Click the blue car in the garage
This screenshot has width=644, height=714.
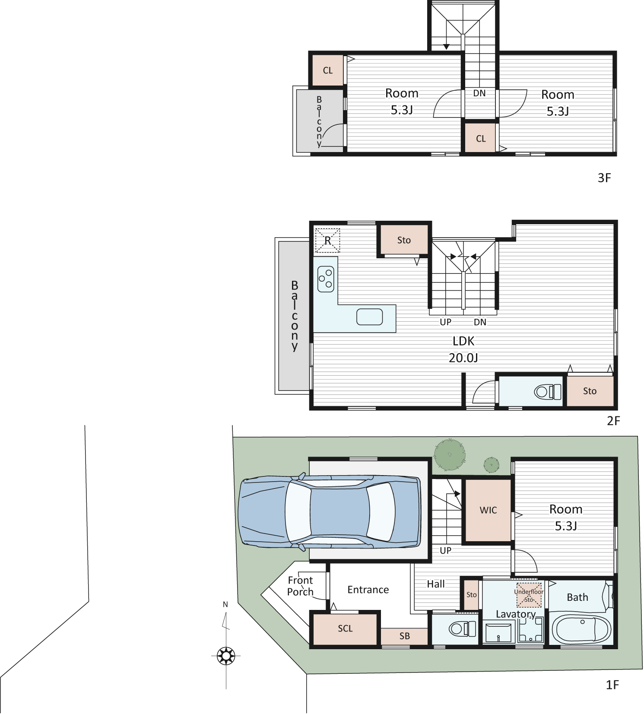(330, 512)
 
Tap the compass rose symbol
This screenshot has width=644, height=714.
(226, 656)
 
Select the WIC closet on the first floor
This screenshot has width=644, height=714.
(488, 510)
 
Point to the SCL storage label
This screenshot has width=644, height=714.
(345, 628)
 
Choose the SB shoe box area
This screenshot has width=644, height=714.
(404, 636)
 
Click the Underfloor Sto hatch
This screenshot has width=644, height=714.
(529, 596)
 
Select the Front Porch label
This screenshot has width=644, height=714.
(300, 586)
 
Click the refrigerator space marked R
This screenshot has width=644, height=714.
(327, 240)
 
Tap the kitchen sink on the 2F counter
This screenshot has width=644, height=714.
(370, 317)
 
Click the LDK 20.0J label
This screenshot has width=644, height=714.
(463, 349)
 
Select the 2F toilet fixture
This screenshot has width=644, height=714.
(548, 392)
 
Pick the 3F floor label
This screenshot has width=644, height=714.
(604, 178)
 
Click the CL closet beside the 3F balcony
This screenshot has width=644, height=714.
(328, 70)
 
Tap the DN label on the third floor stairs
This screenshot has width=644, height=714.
(479, 93)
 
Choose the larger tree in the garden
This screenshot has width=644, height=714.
(450, 454)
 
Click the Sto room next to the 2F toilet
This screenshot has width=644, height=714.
(590, 391)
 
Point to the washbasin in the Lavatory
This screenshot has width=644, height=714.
(499, 632)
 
